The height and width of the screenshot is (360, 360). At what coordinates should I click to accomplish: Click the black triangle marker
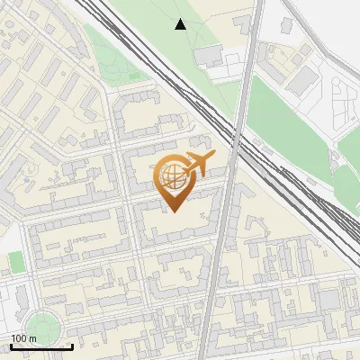point(180,24)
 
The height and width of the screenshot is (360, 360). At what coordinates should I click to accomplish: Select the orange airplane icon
point(198,165)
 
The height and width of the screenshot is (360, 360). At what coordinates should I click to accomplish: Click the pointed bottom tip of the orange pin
point(172,211)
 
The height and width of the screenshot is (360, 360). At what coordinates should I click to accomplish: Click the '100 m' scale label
point(23,337)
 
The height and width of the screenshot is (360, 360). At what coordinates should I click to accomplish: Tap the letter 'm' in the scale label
point(32,337)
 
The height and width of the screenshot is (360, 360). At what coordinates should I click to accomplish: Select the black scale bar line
point(41,346)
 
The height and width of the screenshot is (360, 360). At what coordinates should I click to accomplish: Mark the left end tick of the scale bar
point(11,345)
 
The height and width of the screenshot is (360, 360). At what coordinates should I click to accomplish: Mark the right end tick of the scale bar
point(72,345)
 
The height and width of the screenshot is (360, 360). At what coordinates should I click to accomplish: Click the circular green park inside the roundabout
point(41,326)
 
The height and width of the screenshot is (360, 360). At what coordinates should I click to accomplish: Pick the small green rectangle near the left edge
point(16,262)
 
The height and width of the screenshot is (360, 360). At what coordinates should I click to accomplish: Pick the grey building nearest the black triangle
point(209,56)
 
